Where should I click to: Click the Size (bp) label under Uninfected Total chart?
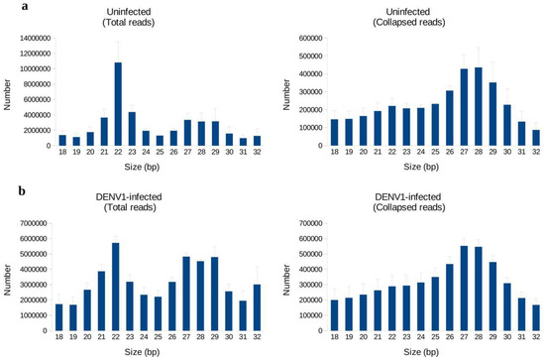click(139, 170)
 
